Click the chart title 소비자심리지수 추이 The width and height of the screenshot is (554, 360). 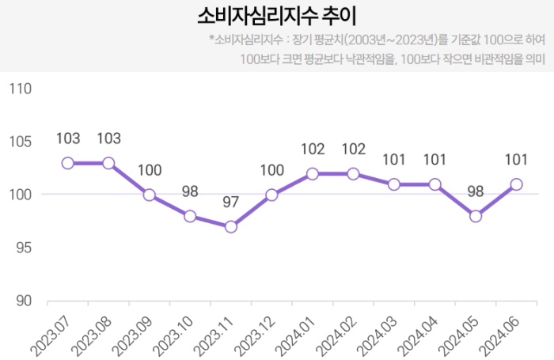coord(276,17)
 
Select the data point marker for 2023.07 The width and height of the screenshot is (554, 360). coord(68,163)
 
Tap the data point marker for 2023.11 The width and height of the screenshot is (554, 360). coord(231,227)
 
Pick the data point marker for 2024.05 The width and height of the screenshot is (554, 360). coord(476,216)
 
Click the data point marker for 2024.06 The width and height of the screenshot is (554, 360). coord(517,184)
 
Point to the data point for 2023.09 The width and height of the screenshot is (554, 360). coord(150,195)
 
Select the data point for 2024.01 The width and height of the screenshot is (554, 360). coord(313,173)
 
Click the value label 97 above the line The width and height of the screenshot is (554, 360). coord(231,203)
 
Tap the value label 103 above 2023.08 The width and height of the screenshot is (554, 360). coord(108,138)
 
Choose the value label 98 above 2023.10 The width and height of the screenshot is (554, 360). coord(190,191)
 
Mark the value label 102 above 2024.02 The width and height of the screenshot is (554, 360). coord(353,149)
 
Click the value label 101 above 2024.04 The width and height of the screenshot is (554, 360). coord(434,160)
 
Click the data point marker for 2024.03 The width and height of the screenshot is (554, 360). coord(394,184)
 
